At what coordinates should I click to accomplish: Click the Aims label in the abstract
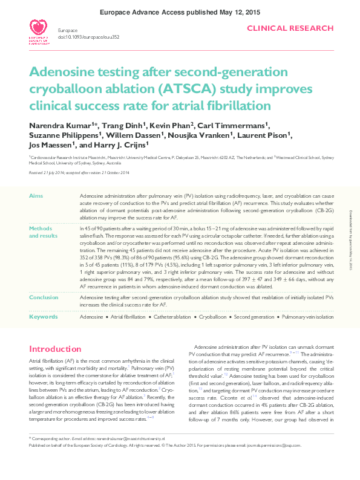(36, 197)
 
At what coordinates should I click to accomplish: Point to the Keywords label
(44, 317)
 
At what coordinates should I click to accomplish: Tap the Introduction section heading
(55, 349)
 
